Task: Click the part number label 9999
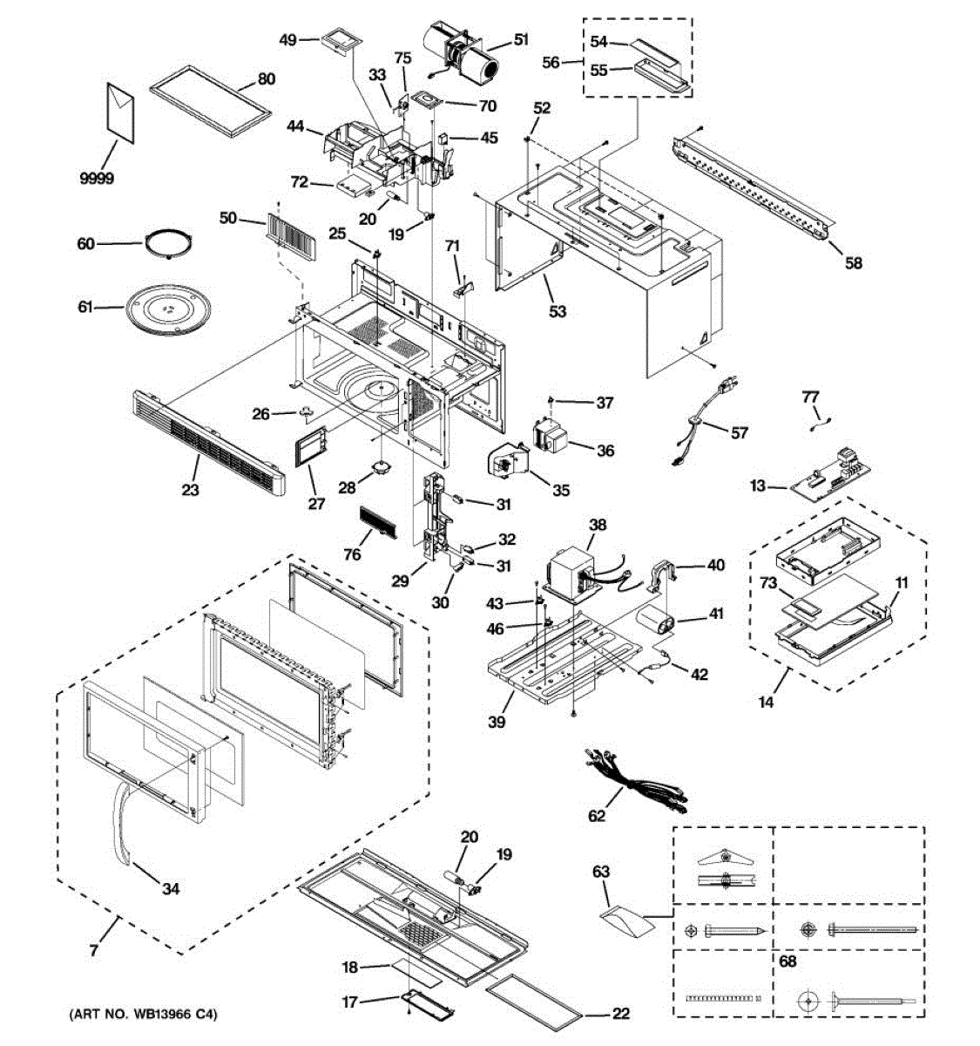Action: click(97, 179)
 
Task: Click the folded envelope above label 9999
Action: click(120, 112)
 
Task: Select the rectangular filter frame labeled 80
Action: click(211, 101)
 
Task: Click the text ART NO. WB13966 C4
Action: click(143, 1015)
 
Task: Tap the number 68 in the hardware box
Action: click(787, 961)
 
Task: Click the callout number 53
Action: click(558, 311)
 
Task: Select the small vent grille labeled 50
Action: click(292, 237)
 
